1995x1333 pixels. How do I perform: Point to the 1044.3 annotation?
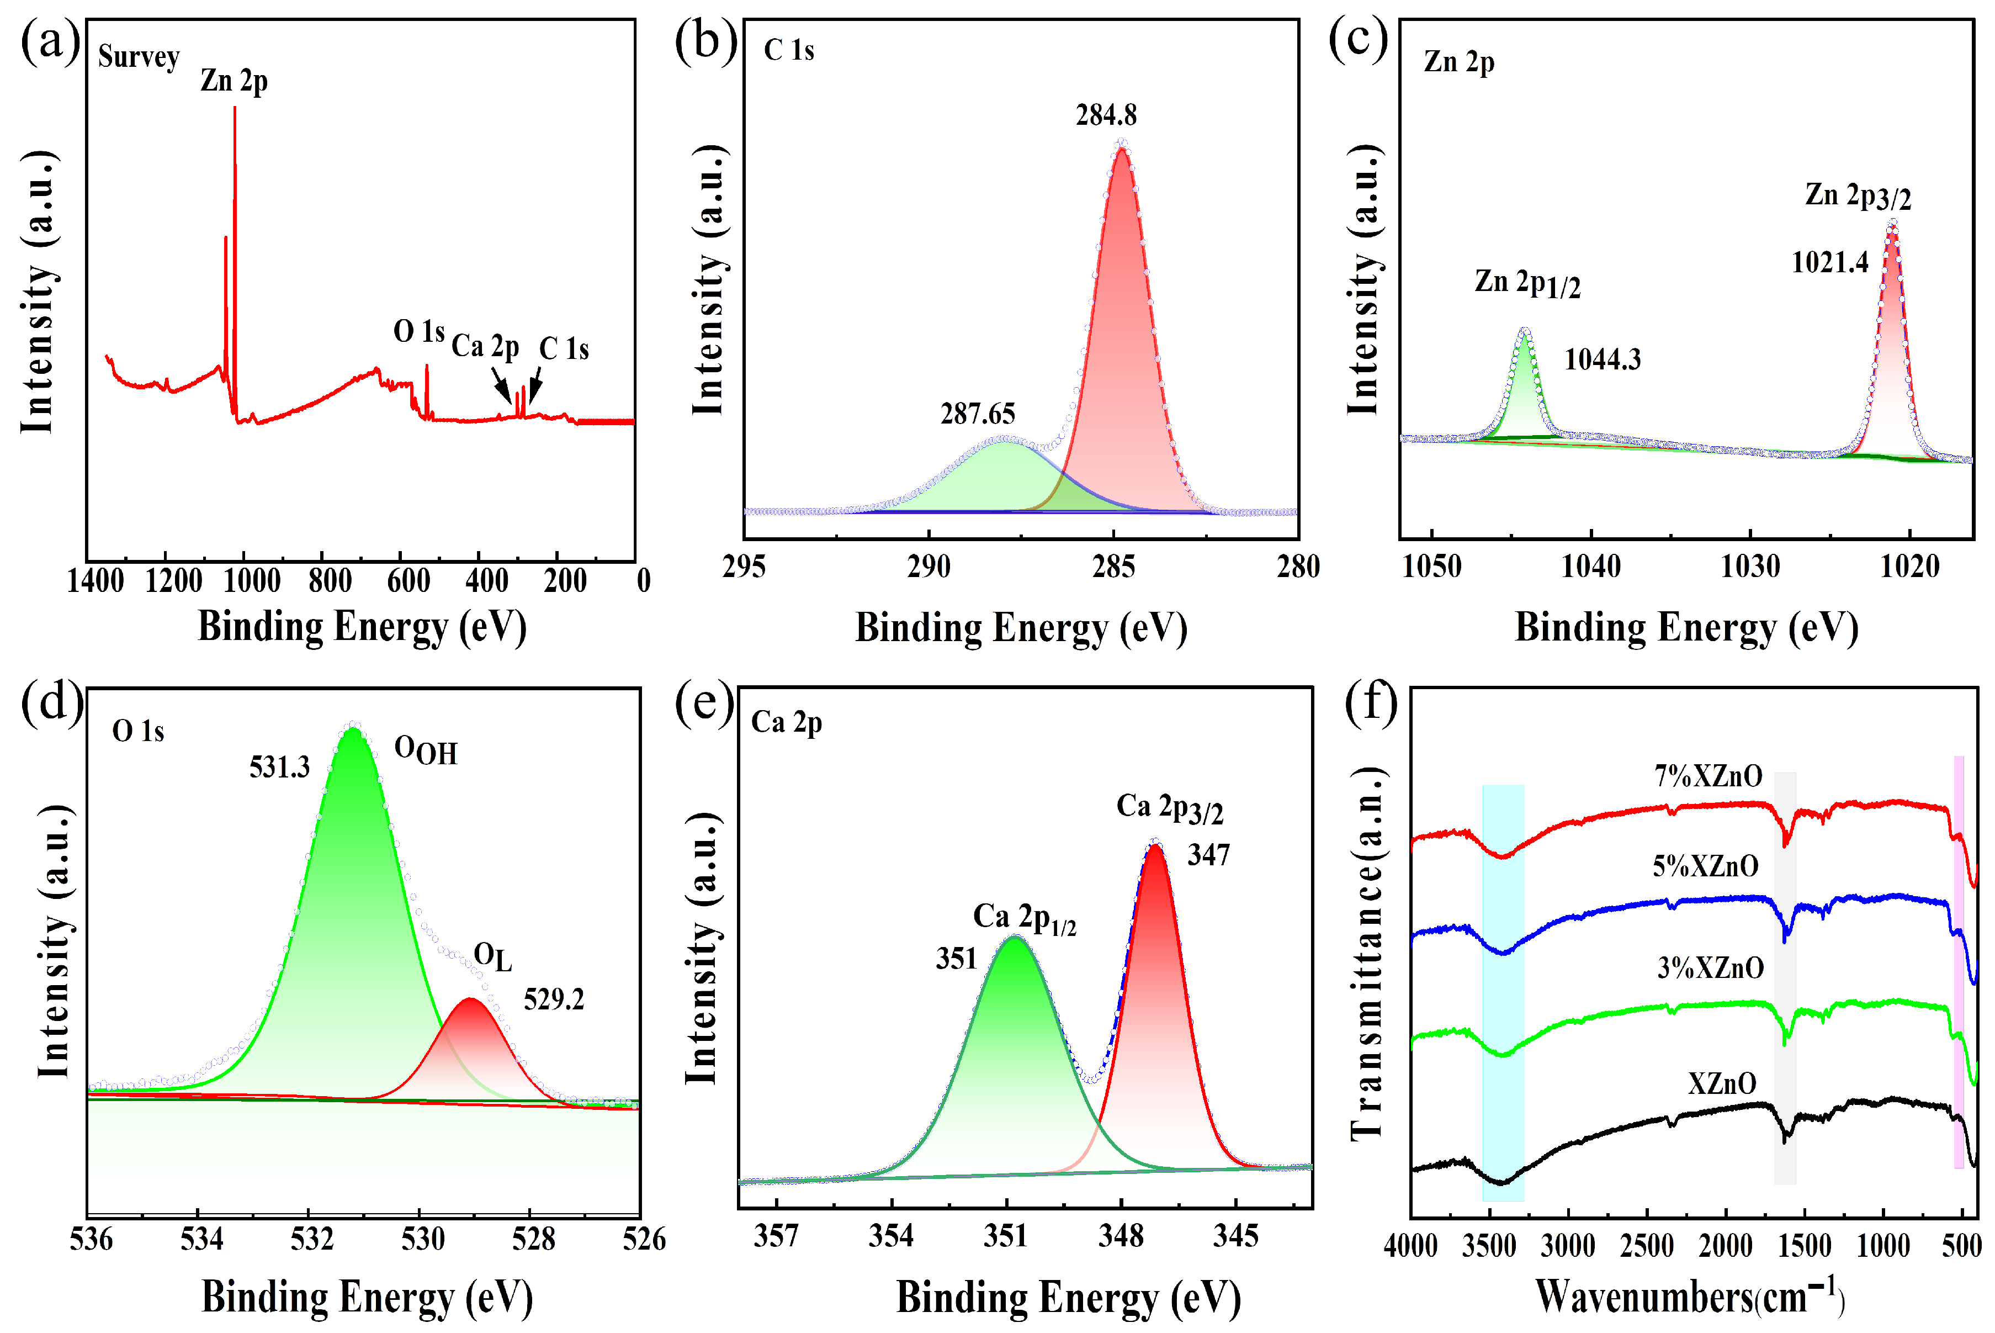(x=1603, y=359)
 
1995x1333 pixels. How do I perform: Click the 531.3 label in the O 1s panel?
(x=279, y=768)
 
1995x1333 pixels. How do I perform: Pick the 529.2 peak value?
(x=554, y=999)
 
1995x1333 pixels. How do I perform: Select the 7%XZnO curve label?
(x=1708, y=776)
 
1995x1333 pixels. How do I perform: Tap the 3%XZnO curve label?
(x=1710, y=969)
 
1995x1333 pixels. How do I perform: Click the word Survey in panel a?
(x=139, y=57)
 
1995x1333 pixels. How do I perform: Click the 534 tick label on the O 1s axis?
(x=201, y=1240)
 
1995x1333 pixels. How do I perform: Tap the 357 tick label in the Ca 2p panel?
(x=776, y=1235)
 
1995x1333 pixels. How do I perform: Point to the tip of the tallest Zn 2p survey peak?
(x=235, y=107)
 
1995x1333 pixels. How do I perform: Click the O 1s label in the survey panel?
(x=419, y=331)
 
